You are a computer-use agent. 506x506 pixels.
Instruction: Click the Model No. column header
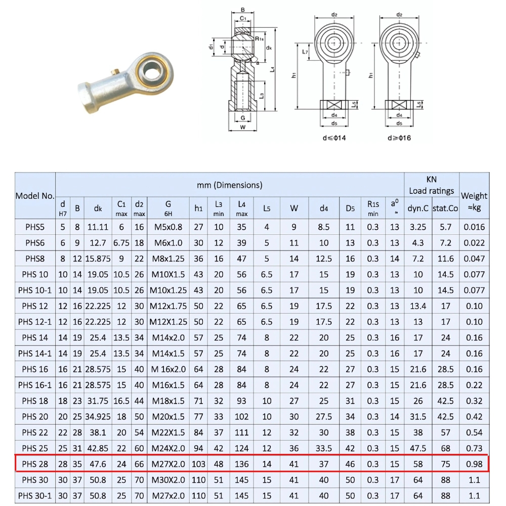[x=35, y=196]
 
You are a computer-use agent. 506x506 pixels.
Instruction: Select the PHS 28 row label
[x=35, y=463]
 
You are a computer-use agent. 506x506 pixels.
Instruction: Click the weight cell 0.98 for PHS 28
[x=474, y=463]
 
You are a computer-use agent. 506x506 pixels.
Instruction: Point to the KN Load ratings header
[x=431, y=185]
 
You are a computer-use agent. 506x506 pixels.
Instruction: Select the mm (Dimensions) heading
[x=229, y=185]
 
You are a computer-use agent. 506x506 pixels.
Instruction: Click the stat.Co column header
[x=445, y=207]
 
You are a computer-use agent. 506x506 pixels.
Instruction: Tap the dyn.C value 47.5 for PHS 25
[x=417, y=448]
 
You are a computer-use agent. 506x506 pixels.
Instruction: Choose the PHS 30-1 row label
[x=35, y=495]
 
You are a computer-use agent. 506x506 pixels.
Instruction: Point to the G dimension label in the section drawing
[x=243, y=118]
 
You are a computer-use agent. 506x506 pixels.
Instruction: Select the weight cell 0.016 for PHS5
[x=474, y=227]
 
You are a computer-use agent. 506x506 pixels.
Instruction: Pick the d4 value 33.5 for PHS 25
[x=323, y=448]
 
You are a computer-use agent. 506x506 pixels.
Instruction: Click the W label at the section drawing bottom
[x=243, y=128]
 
